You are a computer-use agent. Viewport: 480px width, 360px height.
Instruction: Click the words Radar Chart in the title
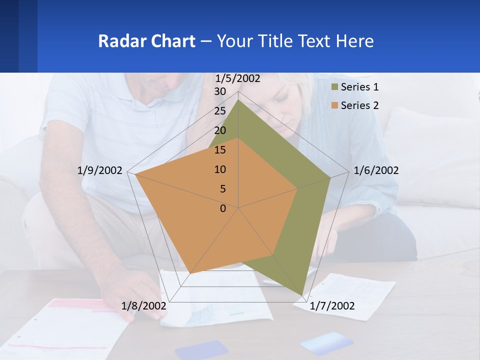point(146,41)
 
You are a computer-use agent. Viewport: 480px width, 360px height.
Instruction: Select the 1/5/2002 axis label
point(237,78)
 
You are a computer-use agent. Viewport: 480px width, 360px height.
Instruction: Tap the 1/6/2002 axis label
point(376,170)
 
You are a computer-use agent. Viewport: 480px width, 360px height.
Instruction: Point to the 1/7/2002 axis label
point(332,305)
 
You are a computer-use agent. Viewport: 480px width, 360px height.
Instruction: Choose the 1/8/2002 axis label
point(144,305)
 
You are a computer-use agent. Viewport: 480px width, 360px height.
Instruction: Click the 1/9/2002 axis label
point(100,170)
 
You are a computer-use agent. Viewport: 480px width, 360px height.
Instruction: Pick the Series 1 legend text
point(359,87)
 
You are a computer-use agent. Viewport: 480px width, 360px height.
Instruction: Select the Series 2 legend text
point(359,105)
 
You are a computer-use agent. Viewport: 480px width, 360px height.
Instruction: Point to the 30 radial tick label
point(220,91)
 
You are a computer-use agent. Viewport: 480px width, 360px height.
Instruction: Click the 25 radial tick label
point(220,111)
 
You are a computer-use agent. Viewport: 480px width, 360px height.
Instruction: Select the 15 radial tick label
point(220,150)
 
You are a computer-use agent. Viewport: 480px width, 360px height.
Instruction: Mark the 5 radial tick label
point(222,189)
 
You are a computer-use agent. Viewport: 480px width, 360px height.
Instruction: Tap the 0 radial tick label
point(223,208)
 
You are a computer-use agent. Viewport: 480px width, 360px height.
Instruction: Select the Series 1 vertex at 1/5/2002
point(238,99)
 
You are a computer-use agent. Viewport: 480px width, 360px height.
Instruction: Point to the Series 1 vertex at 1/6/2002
point(330,177)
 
